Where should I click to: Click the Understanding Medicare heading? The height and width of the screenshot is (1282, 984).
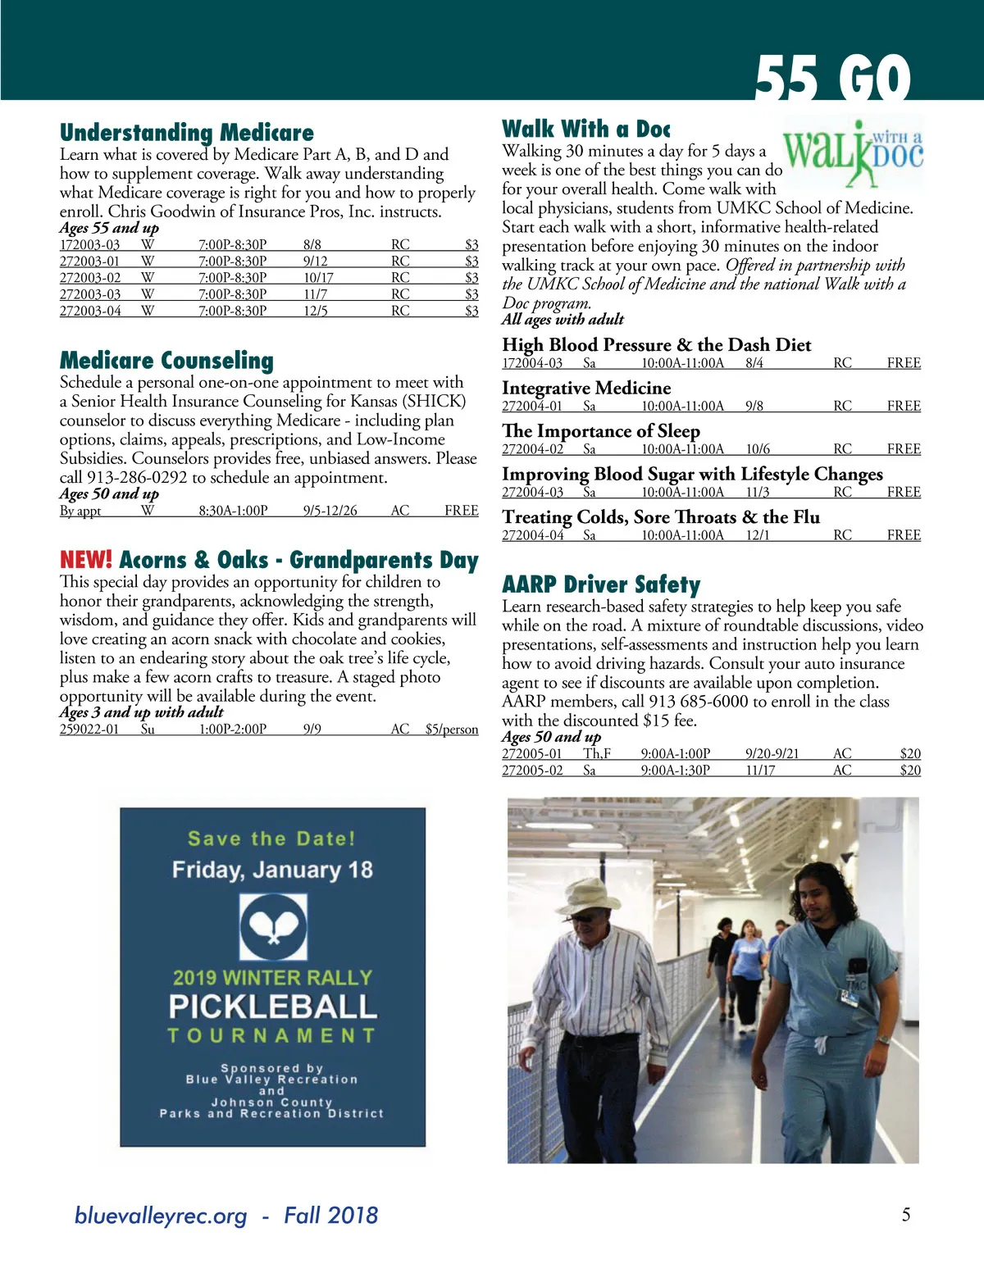187,133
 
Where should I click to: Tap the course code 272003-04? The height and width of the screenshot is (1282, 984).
90,311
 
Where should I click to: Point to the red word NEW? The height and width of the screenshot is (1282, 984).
86,561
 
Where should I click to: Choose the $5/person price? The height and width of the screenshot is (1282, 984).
451,730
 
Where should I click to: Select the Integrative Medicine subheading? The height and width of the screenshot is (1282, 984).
586,389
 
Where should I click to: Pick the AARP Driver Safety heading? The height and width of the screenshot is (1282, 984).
601,584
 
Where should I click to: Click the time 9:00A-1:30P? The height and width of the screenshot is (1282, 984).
675,771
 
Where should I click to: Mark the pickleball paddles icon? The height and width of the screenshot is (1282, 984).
273,926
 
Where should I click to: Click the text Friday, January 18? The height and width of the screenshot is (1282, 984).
272,870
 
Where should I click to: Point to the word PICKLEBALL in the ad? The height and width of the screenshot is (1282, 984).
272,1007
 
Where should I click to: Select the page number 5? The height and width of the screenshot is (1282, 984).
906,1215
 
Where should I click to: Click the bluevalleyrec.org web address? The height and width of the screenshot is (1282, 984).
161,1216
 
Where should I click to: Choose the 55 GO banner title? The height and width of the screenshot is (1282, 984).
831,80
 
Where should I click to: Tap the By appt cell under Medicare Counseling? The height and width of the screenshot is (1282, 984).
80,511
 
